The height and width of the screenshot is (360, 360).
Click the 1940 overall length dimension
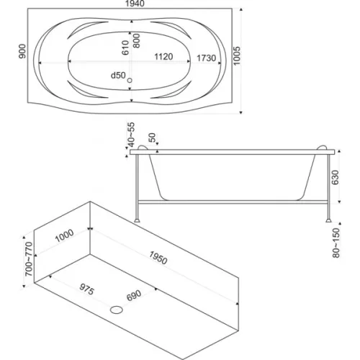[x=135, y=4]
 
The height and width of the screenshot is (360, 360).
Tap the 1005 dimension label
[x=237, y=56]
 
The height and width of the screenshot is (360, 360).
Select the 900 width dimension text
[x=22, y=51]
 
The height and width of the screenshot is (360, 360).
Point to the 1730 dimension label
[x=207, y=58]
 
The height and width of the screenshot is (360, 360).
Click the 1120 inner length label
[x=163, y=57]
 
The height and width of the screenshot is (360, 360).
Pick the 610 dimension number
[x=125, y=48]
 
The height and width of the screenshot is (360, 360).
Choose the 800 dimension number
[x=136, y=41]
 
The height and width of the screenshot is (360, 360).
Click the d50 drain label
[x=118, y=76]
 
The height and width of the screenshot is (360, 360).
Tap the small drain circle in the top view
[x=130, y=81]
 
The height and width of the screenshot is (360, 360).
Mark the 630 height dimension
[x=335, y=177]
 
